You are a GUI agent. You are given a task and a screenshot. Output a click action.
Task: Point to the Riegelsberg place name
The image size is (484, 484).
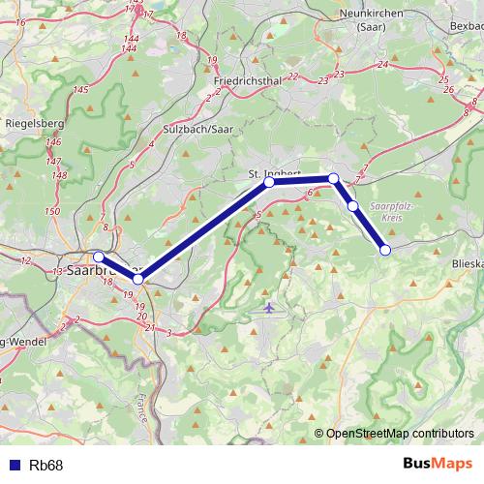pos(34,124)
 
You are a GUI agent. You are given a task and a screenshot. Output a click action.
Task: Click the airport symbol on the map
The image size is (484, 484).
pos(269,308)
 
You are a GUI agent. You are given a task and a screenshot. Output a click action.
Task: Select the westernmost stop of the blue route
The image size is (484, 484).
pos(98,257)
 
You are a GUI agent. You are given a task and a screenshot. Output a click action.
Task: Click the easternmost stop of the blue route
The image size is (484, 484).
pos(385,250)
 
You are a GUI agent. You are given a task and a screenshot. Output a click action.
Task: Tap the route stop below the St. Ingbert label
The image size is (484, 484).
pos(269,182)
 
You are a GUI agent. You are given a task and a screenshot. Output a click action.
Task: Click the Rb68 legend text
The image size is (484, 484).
pos(46,466)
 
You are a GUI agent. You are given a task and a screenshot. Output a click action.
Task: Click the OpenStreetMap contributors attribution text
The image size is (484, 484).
pos(400,434)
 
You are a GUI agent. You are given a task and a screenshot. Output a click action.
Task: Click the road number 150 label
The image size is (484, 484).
pos(52,210)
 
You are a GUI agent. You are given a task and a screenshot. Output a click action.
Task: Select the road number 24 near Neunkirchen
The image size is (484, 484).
pos(383,64)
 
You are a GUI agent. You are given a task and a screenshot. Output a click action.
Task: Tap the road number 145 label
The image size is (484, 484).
pos(80,89)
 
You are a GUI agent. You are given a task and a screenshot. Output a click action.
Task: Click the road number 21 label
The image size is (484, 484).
pos(149,327)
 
